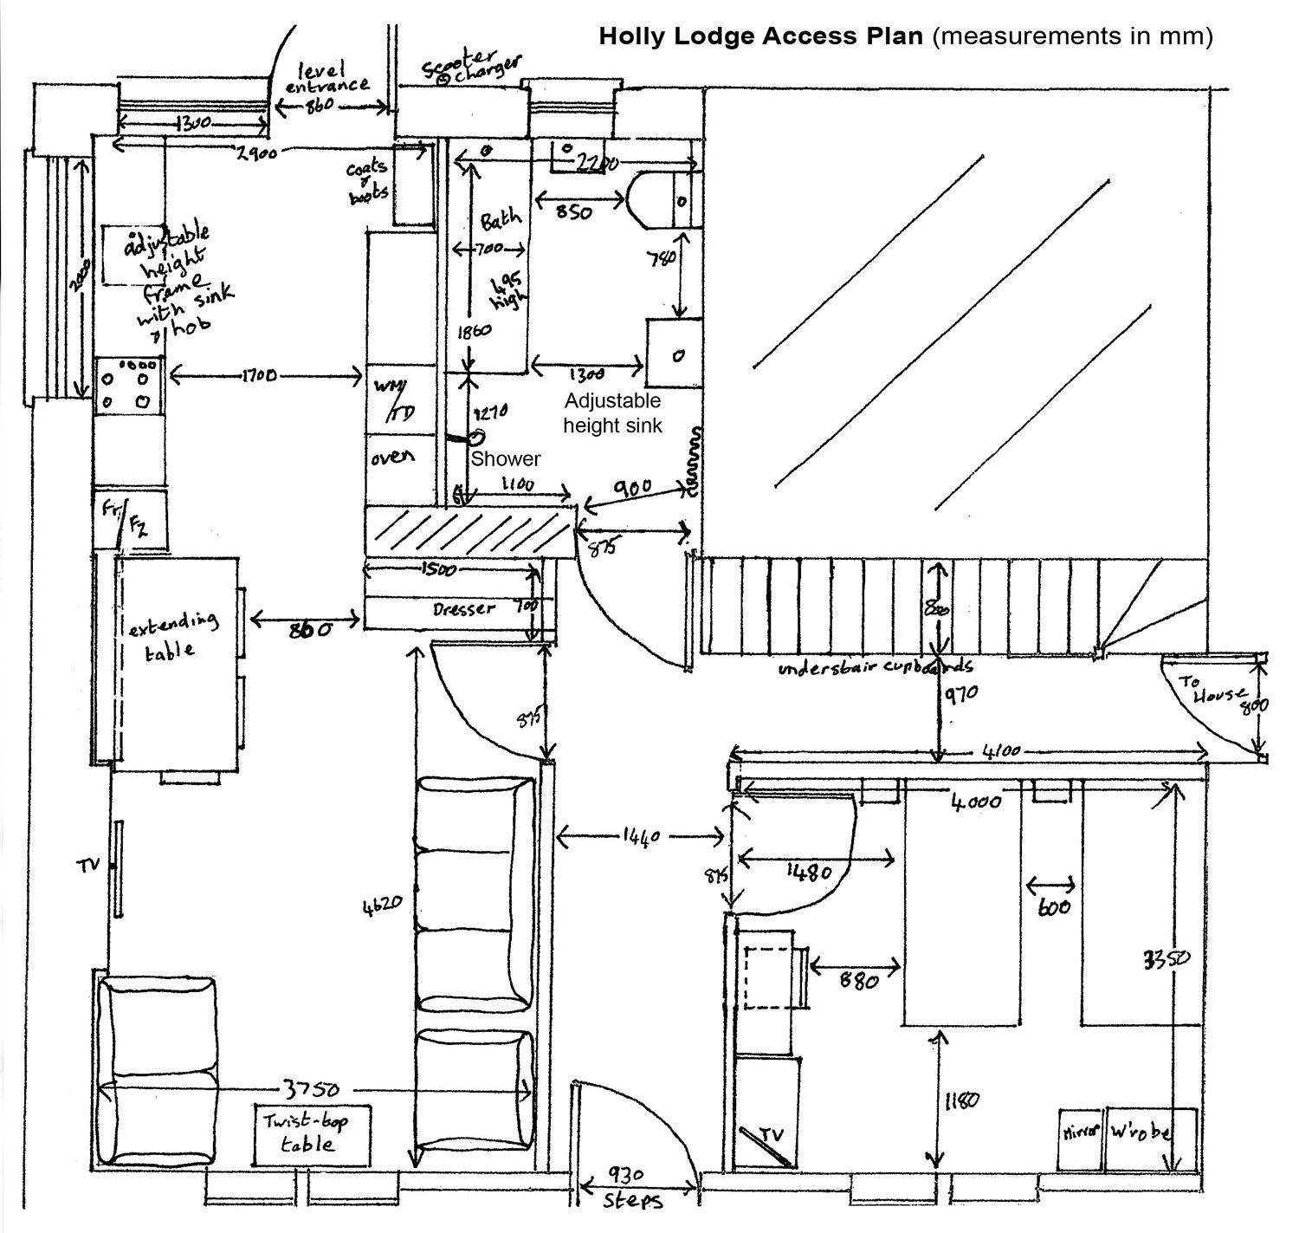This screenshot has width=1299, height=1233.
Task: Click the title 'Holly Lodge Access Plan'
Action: click(761, 36)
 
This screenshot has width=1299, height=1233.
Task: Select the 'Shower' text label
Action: click(506, 459)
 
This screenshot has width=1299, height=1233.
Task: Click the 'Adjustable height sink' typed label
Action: click(612, 413)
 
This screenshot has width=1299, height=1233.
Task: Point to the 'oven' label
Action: click(392, 457)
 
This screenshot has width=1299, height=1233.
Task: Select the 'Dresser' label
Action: click(464, 609)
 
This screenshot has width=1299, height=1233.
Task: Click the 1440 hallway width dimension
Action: click(641, 837)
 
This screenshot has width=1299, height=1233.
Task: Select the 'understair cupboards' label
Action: click(876, 668)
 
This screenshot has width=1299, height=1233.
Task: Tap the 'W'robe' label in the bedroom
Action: click(1141, 1133)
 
